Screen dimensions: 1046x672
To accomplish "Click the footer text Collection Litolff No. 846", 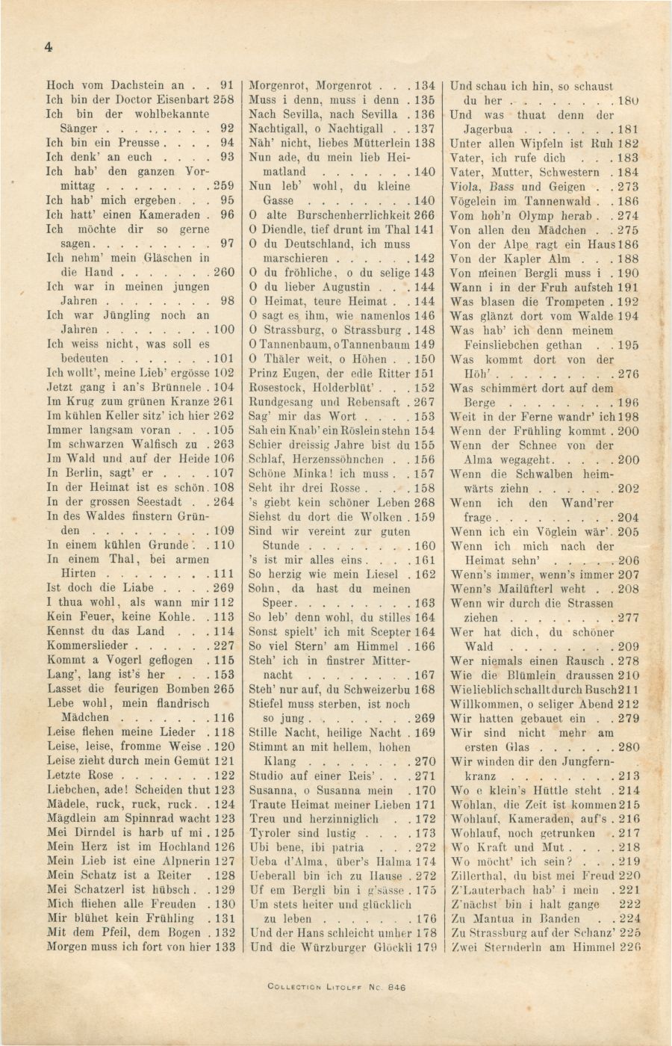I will click(336, 986).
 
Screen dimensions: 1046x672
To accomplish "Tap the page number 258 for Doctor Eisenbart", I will click(225, 99).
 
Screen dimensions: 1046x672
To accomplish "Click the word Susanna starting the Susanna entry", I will click(273, 790).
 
